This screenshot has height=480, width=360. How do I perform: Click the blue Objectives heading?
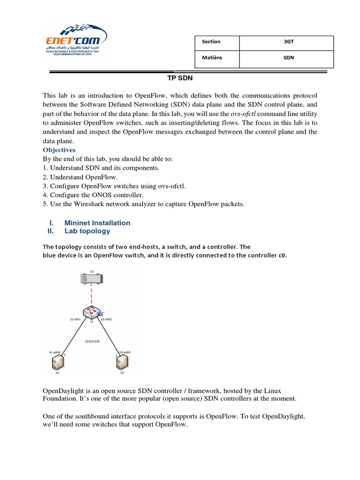click(x=59, y=150)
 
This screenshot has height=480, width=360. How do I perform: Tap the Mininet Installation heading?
click(x=97, y=223)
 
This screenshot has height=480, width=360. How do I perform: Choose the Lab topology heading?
click(x=87, y=231)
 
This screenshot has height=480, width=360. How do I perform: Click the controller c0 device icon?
click(x=92, y=279)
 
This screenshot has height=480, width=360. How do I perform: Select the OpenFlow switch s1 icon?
click(x=92, y=312)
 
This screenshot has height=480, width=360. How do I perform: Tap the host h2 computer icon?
click(x=122, y=362)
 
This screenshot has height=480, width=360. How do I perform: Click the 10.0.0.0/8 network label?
click(x=92, y=341)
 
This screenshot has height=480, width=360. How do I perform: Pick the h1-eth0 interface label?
click(x=55, y=351)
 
